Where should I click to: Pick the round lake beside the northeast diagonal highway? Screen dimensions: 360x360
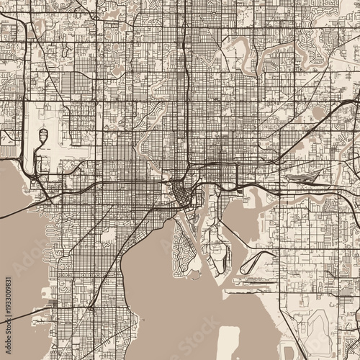point(318,112)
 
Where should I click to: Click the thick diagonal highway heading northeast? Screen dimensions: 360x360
point(302,130)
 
